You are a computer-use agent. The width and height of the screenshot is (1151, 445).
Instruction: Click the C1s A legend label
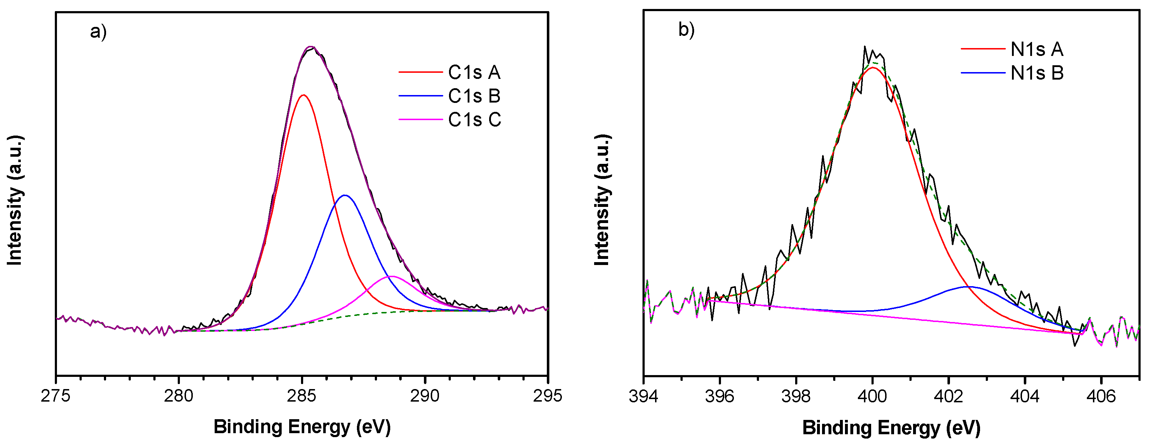(474, 72)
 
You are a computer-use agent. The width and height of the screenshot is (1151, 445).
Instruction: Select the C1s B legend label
(474, 96)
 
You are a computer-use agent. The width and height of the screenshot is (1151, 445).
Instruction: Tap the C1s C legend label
(474, 120)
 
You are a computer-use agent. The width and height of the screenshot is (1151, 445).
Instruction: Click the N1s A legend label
(1037, 49)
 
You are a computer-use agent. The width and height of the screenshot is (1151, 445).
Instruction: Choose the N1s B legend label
(1037, 73)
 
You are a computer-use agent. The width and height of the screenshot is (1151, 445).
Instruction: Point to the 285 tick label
(302, 396)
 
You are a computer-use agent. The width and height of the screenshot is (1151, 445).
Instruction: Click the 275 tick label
(56, 396)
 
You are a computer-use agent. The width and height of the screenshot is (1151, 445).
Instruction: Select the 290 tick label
(425, 396)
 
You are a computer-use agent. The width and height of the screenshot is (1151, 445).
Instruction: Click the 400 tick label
(872, 396)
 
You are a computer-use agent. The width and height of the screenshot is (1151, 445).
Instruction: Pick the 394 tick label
(644, 396)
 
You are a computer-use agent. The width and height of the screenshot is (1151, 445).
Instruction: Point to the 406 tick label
(1101, 396)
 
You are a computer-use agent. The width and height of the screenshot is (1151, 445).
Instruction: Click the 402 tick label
(948, 396)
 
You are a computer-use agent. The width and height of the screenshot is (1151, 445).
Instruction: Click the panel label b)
(686, 30)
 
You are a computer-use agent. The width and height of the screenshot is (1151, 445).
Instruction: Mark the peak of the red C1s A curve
(304, 95)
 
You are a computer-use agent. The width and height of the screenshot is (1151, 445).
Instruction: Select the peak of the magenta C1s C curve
(391, 276)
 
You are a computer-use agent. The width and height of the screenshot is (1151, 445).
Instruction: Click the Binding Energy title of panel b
(891, 427)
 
